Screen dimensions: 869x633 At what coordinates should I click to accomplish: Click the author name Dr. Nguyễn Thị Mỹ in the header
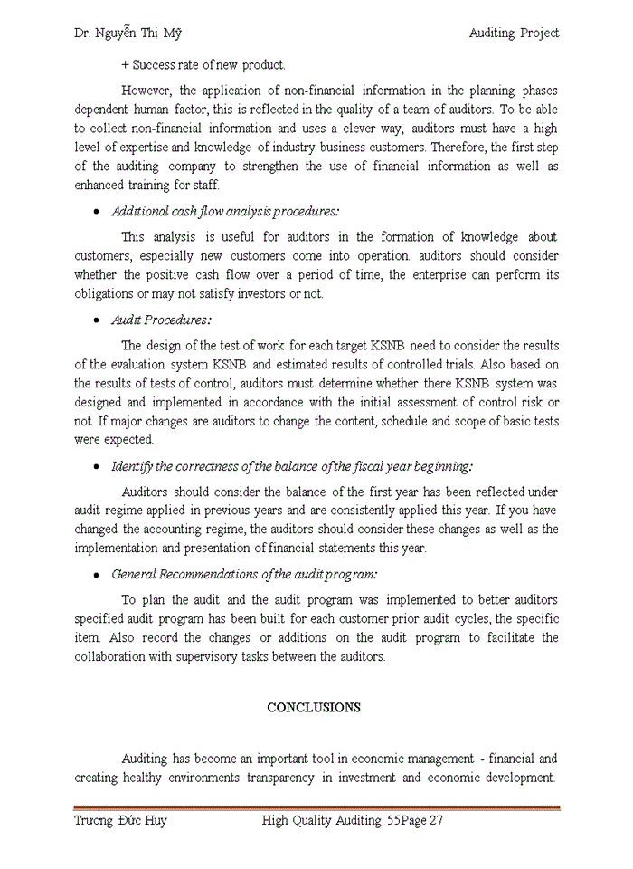coord(128,33)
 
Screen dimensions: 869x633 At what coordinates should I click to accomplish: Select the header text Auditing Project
coord(514,33)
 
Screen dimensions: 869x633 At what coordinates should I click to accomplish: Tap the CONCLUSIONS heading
coord(314,708)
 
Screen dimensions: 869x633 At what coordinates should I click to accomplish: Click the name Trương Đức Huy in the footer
coord(120,821)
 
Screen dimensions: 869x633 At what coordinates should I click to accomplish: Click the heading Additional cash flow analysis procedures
coord(225,212)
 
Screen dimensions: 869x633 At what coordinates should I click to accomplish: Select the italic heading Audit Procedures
coord(161,320)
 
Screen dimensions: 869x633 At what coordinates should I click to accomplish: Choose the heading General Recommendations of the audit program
coord(244,575)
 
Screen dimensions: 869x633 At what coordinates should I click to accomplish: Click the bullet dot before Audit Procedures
coord(97,321)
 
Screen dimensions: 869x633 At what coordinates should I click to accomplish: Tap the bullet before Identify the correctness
coord(97,467)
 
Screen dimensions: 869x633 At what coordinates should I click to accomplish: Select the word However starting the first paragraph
coord(146,91)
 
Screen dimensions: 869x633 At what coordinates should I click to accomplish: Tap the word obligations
coord(105,294)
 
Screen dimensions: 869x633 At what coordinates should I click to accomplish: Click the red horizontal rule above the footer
coord(316,807)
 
